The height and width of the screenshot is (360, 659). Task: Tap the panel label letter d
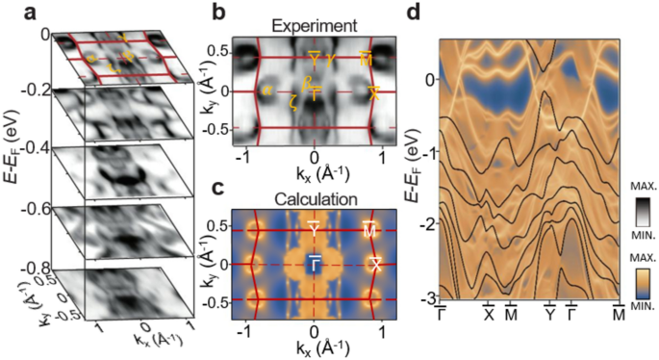pos(415,13)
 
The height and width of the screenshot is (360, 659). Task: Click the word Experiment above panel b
pos(315,23)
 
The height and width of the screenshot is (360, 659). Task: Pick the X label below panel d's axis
pos(488,315)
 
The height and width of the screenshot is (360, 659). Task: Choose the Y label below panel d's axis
pos(550,315)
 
